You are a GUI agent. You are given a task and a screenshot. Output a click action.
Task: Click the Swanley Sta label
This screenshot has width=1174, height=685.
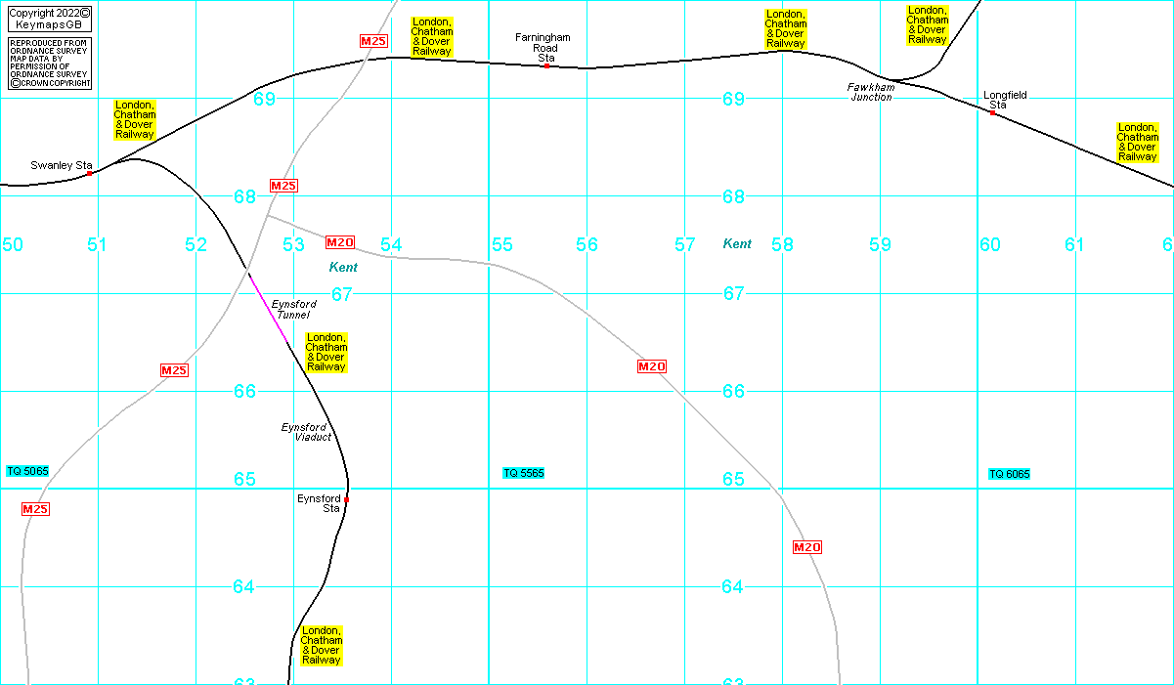[61, 166]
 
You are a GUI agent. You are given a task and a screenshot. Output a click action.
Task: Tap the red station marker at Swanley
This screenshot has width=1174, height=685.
[89, 173]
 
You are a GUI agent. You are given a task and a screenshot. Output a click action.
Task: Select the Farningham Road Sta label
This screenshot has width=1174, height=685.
[543, 47]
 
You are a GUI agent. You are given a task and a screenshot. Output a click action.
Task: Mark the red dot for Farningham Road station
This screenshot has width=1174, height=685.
[546, 66]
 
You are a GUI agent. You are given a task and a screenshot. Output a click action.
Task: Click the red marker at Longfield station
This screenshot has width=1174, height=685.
[992, 113]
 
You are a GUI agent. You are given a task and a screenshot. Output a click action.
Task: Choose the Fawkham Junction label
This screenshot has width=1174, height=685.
[870, 92]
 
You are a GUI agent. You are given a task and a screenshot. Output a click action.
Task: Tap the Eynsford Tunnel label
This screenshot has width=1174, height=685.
[293, 310]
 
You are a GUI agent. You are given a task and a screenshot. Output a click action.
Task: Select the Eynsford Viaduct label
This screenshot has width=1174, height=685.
[306, 432]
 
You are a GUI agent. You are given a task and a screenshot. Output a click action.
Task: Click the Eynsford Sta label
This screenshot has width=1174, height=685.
[319, 503]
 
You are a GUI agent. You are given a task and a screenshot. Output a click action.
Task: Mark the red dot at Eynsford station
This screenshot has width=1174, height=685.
[346, 499]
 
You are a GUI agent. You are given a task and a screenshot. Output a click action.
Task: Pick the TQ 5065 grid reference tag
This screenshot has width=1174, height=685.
[27, 471]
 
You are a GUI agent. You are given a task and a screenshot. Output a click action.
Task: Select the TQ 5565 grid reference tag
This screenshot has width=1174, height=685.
[523, 473]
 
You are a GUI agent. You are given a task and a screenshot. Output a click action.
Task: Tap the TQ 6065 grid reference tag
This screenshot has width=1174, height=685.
[1009, 474]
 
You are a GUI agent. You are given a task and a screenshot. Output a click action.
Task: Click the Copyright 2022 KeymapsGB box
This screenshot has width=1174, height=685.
[49, 18]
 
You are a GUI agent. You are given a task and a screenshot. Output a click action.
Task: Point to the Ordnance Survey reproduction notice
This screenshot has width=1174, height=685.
[49, 64]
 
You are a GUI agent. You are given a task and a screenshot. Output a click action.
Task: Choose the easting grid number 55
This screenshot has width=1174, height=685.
[502, 245]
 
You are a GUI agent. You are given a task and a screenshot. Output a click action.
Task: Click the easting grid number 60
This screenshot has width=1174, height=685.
[990, 244]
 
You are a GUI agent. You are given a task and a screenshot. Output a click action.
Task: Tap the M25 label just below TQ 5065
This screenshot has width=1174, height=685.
[35, 509]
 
